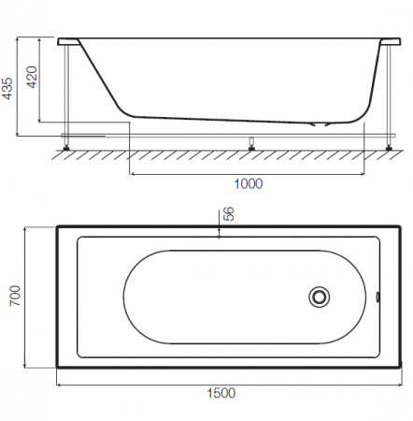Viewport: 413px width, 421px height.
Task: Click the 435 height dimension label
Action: pyautogui.click(x=8, y=88)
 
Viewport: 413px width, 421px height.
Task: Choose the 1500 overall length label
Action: pyautogui.click(x=220, y=393)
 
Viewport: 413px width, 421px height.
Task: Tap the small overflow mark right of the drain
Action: pyautogui.click(x=377, y=298)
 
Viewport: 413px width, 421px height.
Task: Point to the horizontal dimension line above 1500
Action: pyautogui.click(x=220, y=383)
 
